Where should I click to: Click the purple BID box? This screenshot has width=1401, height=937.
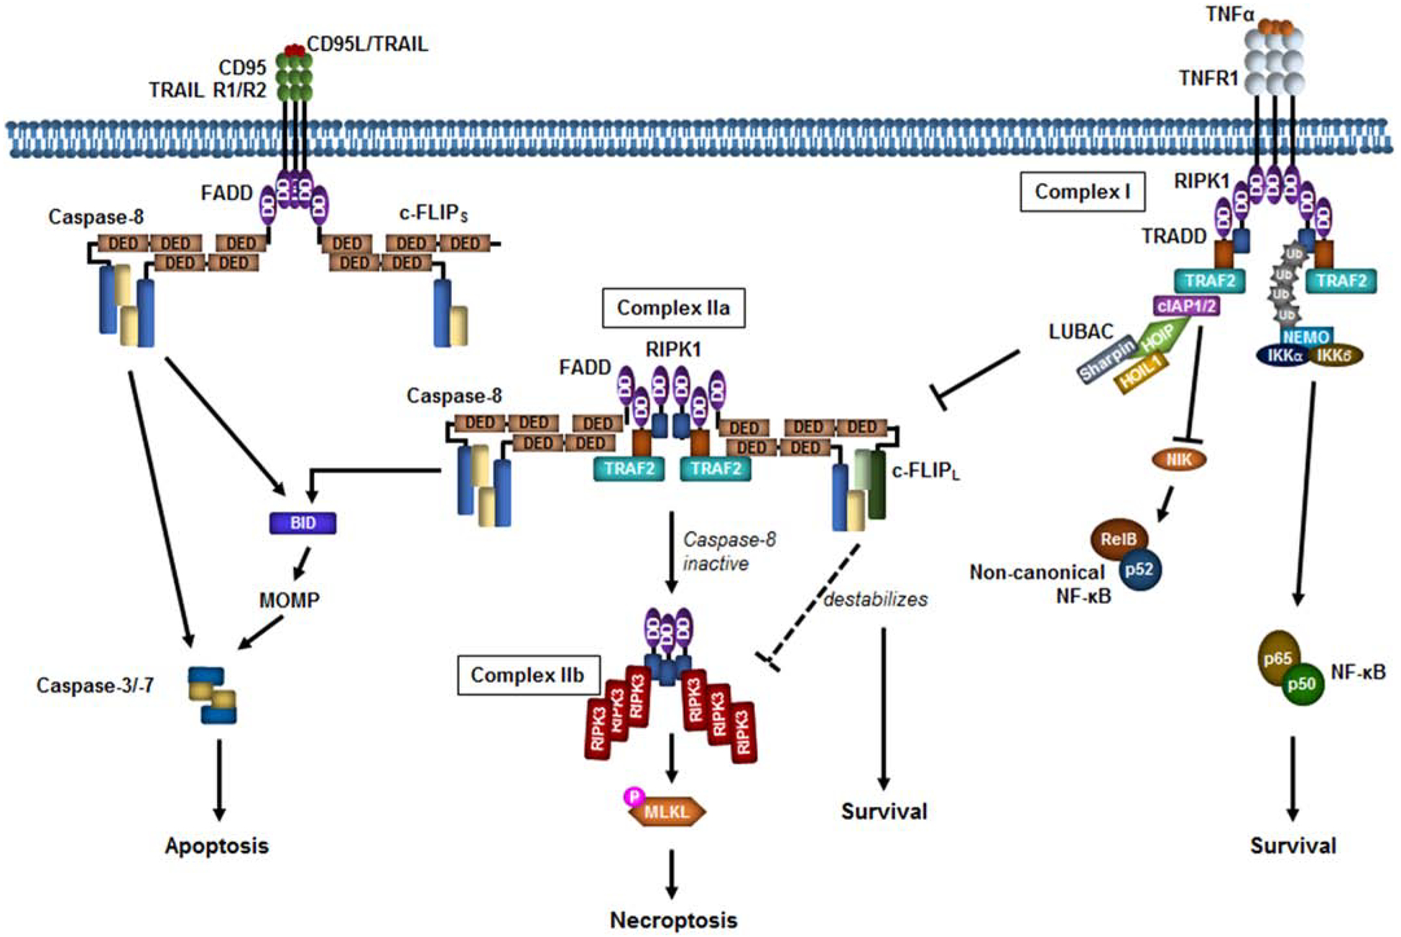(302, 523)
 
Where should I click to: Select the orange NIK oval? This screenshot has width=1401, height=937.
(1179, 460)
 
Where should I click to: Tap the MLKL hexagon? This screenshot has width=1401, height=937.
(667, 812)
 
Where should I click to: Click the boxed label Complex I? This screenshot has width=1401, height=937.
(1082, 192)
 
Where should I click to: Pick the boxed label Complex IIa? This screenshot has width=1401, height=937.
(673, 308)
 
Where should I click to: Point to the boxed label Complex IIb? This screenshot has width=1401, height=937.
(527, 675)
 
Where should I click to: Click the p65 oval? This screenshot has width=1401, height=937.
(1278, 658)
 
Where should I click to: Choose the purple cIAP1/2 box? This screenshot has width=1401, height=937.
(1186, 307)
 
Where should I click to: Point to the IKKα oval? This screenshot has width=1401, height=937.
(1282, 355)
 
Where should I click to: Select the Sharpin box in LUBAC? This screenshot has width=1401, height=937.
(1106, 359)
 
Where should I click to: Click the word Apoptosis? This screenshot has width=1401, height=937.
(216, 846)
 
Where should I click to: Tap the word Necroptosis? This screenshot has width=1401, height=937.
(673, 920)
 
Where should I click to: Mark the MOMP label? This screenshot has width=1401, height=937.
(289, 600)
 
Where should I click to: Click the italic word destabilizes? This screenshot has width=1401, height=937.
(875, 599)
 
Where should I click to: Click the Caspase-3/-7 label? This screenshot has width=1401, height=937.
(95, 686)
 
